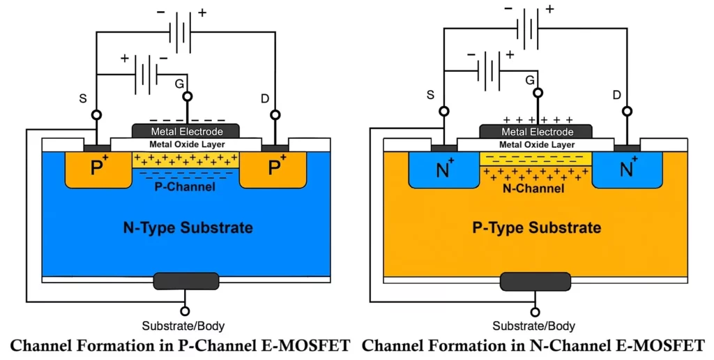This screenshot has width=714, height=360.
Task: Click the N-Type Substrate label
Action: (x=185, y=227)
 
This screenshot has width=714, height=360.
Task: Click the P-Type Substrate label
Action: (x=537, y=227)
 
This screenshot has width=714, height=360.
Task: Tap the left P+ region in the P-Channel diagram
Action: (x=98, y=169)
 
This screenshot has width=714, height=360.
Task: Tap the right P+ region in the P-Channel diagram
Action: (x=275, y=169)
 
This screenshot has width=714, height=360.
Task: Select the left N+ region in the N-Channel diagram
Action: (x=443, y=169)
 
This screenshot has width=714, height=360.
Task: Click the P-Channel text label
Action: (x=185, y=187)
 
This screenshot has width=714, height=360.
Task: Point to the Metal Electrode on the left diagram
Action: (x=185, y=131)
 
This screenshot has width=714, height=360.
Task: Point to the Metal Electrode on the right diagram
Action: (x=536, y=131)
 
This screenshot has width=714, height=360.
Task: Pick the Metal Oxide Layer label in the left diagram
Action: (x=185, y=144)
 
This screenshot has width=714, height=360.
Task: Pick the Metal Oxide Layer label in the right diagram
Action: (x=536, y=144)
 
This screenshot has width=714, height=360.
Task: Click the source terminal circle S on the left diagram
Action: (x=96, y=114)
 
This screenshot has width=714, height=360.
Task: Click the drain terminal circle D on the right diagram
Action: (x=628, y=111)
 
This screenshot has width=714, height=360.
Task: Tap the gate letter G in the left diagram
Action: (x=179, y=84)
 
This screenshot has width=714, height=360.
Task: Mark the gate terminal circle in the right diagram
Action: (x=536, y=92)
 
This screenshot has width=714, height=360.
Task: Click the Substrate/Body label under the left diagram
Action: (x=183, y=326)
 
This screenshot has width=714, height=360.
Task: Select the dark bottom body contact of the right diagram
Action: (x=535, y=281)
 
